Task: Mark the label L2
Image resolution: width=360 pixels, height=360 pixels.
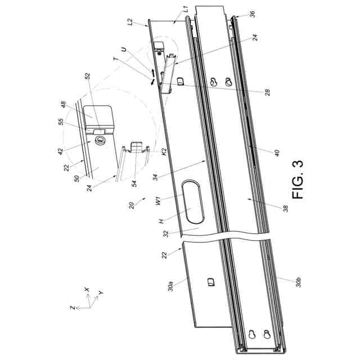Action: (131, 23)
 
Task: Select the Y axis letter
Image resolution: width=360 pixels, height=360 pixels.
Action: (101, 293)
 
